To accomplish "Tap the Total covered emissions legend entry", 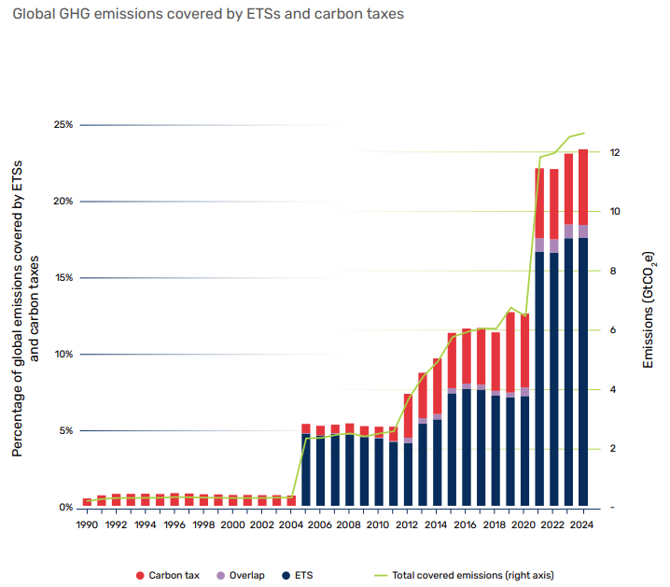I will point(467,575).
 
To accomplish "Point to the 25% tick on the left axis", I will point(63,125).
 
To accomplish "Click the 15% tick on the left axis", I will point(63,278).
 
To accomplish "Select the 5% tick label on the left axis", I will point(64,431).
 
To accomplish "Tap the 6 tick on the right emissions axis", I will point(613,330).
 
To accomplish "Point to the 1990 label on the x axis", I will point(86,525).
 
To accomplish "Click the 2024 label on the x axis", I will point(582,525).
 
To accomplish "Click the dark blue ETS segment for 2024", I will point(582,373).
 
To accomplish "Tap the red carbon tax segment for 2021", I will point(539,203).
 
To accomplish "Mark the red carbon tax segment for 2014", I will point(437,385).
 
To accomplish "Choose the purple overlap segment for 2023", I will point(568,231).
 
